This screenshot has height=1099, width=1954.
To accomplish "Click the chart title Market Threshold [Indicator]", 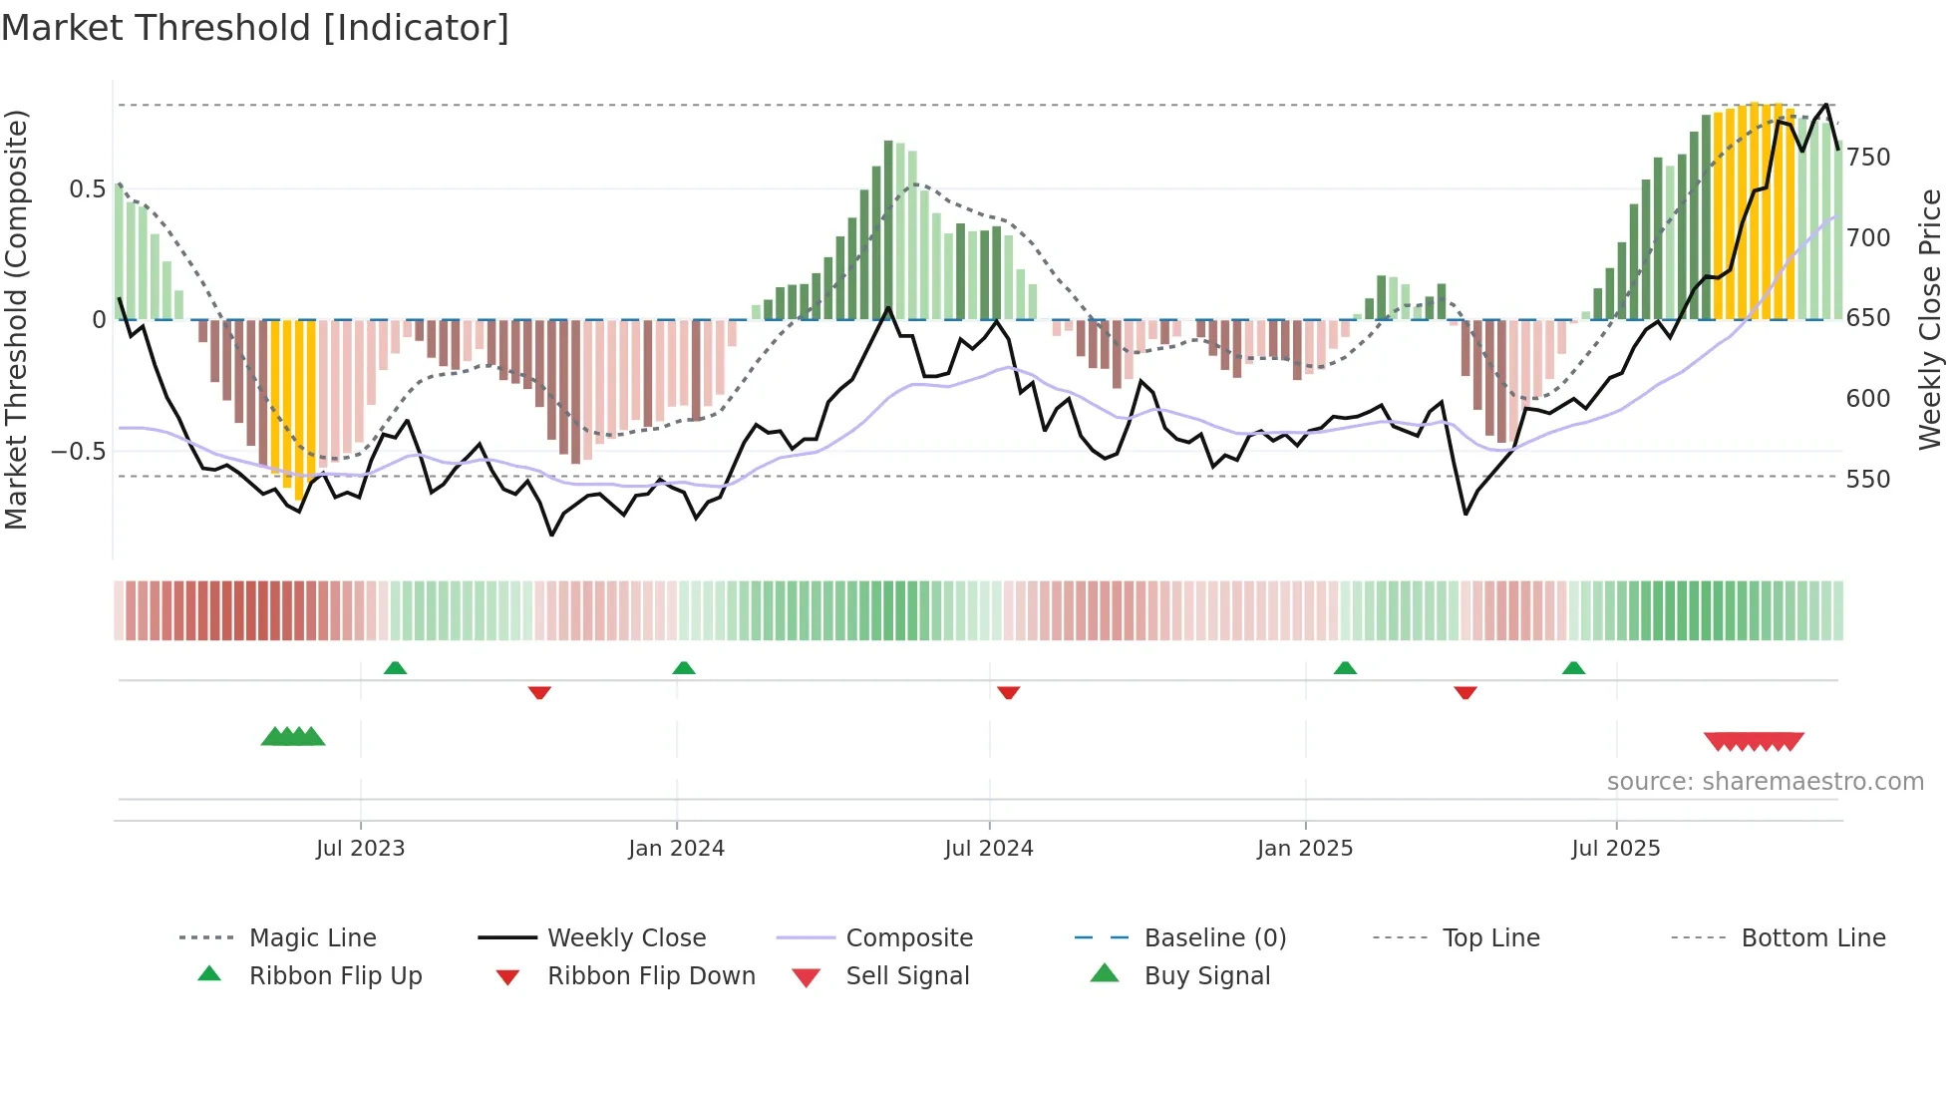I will [x=255, y=28].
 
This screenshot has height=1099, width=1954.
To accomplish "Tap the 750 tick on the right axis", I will [x=1868, y=158].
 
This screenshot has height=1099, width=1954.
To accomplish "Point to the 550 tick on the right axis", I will [x=1868, y=480].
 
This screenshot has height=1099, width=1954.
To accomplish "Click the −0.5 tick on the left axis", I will [x=79, y=451].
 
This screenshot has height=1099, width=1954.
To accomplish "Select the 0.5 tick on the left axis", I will [x=87, y=189].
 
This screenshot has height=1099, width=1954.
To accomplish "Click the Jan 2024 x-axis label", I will [x=676, y=849].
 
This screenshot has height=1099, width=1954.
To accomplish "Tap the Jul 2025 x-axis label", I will [x=1616, y=849].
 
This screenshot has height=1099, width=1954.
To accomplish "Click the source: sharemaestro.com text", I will [x=1765, y=782].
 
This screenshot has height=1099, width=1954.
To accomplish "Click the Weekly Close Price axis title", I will [x=1930, y=319].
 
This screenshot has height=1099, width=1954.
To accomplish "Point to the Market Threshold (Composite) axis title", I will [x=16, y=319].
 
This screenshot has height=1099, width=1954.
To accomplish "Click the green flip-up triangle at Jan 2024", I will [x=684, y=668].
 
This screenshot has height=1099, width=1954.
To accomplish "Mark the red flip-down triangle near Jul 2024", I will [x=1008, y=692].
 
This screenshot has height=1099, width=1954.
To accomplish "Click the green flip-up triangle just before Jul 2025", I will [x=1573, y=668].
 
